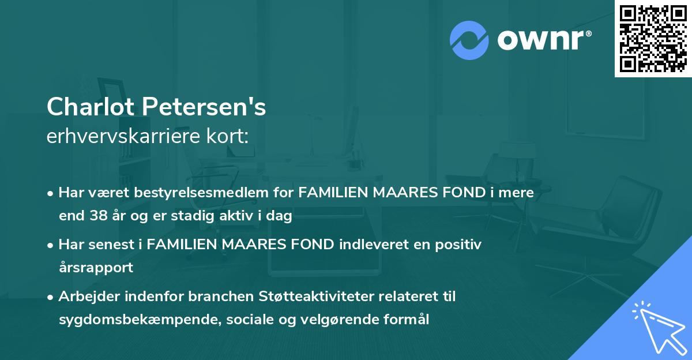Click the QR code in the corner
pyautogui.click(x=653, y=38)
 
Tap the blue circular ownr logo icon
pyautogui.click(x=469, y=40)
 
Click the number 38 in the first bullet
pyautogui.click(x=96, y=216)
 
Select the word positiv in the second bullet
pyautogui.click(x=461, y=245)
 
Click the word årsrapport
pyautogui.click(x=96, y=268)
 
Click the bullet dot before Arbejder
pyautogui.click(x=51, y=297)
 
